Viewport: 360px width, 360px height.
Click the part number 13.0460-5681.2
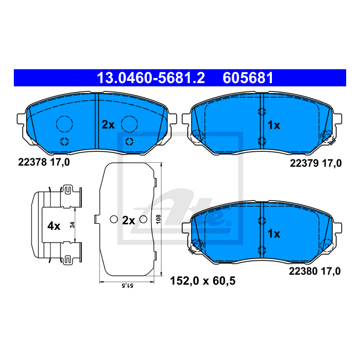point(151,78)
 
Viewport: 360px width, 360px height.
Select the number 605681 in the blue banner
point(248,78)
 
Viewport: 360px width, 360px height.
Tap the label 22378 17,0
point(44,162)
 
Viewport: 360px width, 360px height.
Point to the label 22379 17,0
point(316,163)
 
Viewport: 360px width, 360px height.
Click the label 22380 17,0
point(315,271)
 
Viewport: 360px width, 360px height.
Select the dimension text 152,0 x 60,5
point(203,281)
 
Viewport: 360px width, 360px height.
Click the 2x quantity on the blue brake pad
point(108,125)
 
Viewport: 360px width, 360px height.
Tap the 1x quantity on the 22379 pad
point(274,125)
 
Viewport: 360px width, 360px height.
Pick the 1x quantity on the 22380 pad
point(274,234)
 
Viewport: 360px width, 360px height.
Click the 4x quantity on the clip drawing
point(54,226)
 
